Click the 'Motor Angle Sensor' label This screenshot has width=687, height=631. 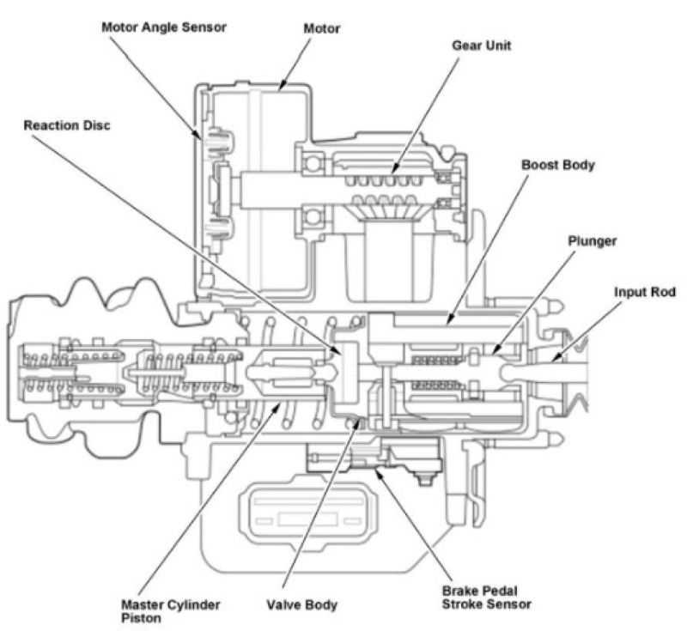click(164, 27)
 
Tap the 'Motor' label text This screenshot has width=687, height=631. click(322, 29)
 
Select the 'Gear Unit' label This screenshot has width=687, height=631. click(481, 46)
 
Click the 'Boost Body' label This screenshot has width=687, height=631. click(557, 163)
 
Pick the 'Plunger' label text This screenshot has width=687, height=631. click(592, 241)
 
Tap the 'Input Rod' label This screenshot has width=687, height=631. click(645, 292)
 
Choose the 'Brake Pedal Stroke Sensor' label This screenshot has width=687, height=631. click(486, 598)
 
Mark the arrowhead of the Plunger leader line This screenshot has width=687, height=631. click(490, 352)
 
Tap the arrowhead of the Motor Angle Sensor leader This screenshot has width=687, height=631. click(204, 137)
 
